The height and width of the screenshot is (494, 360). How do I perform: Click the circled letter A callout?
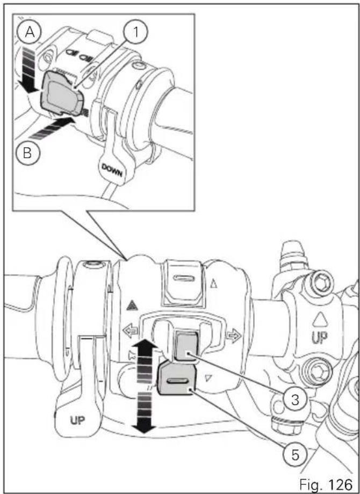pyautogui.click(x=30, y=32)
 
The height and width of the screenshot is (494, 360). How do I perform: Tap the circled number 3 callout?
pyautogui.click(x=295, y=400)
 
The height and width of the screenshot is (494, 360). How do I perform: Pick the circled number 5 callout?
pyautogui.click(x=295, y=455)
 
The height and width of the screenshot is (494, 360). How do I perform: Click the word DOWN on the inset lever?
pyautogui.click(x=112, y=170)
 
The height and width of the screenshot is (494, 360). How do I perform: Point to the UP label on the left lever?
pyautogui.click(x=77, y=420)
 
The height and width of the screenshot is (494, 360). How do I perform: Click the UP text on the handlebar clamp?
pyautogui.click(x=319, y=338)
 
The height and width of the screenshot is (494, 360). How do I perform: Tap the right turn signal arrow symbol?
pyautogui.click(x=233, y=336)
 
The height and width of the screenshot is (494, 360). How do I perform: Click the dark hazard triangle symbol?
pyautogui.click(x=130, y=305)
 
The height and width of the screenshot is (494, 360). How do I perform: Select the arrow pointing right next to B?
pyautogui.click(x=52, y=128)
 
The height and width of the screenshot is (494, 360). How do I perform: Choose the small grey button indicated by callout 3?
pyautogui.click(x=186, y=346)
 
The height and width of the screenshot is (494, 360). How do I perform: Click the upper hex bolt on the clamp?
pyautogui.click(x=319, y=285)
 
